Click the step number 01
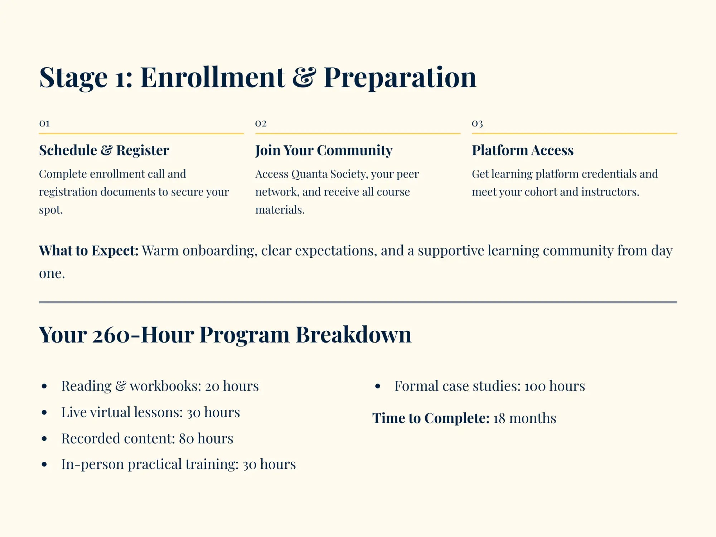click(x=44, y=124)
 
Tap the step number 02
click(x=261, y=124)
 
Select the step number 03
click(x=477, y=124)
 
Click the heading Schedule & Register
click(x=104, y=150)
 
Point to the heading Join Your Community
click(x=324, y=150)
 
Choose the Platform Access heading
click(x=523, y=150)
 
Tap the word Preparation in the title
click(x=400, y=78)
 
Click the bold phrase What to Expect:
click(x=88, y=251)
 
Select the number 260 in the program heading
click(x=111, y=335)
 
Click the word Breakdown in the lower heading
click(x=353, y=335)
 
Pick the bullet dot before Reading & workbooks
click(x=44, y=386)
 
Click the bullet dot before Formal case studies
click(x=378, y=386)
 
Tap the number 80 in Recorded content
click(x=186, y=439)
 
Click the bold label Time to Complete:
click(x=431, y=418)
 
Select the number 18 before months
click(x=499, y=419)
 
